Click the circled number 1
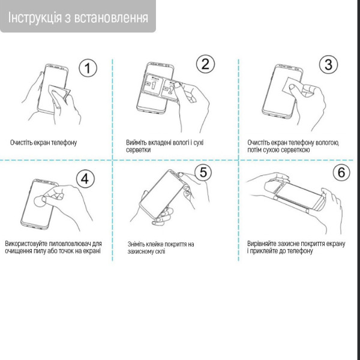click(x=88, y=68)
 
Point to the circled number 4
click(x=85, y=178)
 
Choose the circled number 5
click(x=203, y=173)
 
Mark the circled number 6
click(x=341, y=172)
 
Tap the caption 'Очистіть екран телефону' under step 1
click(x=43, y=143)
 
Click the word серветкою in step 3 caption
click(x=295, y=150)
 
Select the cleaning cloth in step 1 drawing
click(x=59, y=94)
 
